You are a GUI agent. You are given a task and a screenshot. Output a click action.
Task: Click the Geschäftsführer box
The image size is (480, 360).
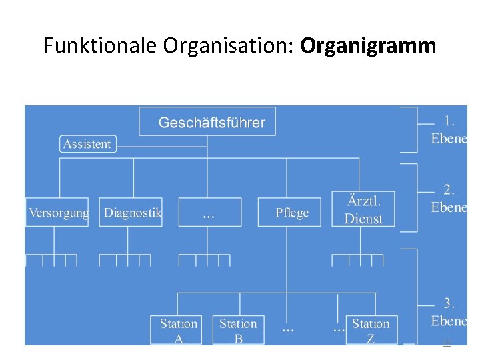pyautogui.click(x=207, y=122)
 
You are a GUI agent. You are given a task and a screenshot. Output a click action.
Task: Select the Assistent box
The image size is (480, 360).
pyautogui.click(x=87, y=144)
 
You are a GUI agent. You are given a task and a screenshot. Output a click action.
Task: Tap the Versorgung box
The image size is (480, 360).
pyautogui.click(x=57, y=213)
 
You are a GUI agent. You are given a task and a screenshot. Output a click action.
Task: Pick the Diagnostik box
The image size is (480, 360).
pyautogui.click(x=131, y=213)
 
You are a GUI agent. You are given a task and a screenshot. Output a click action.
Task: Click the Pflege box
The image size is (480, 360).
pyautogui.click(x=292, y=213)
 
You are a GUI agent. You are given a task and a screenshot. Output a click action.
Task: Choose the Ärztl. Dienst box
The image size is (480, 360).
pyautogui.click(x=363, y=209)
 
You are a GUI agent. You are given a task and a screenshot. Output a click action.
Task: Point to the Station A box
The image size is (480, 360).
pyautogui.click(x=178, y=330)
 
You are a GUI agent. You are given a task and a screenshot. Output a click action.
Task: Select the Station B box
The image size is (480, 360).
pyautogui.click(x=238, y=330)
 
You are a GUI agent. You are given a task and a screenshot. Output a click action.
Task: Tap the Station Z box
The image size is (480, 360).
pyautogui.click(x=371, y=330)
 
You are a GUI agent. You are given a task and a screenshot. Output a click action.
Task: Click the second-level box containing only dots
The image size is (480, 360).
pyautogui.click(x=209, y=213)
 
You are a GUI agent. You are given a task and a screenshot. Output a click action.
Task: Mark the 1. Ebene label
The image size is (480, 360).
pyautogui.click(x=449, y=130)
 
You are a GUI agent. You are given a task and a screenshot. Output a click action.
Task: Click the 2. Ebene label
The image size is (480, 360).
pyautogui.click(x=449, y=199)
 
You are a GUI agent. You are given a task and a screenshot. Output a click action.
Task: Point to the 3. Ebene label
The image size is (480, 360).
pyautogui.click(x=449, y=312)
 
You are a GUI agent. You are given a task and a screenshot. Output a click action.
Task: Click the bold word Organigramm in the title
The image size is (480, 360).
pyautogui.click(x=368, y=45)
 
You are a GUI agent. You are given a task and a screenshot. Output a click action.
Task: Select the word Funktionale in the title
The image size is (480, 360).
pyautogui.click(x=100, y=45)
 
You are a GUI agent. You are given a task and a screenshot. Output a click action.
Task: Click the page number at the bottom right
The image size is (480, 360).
pyautogui.click(x=447, y=343)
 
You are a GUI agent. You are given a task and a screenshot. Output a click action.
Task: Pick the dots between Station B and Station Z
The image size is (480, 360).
pyautogui.click(x=288, y=329)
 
